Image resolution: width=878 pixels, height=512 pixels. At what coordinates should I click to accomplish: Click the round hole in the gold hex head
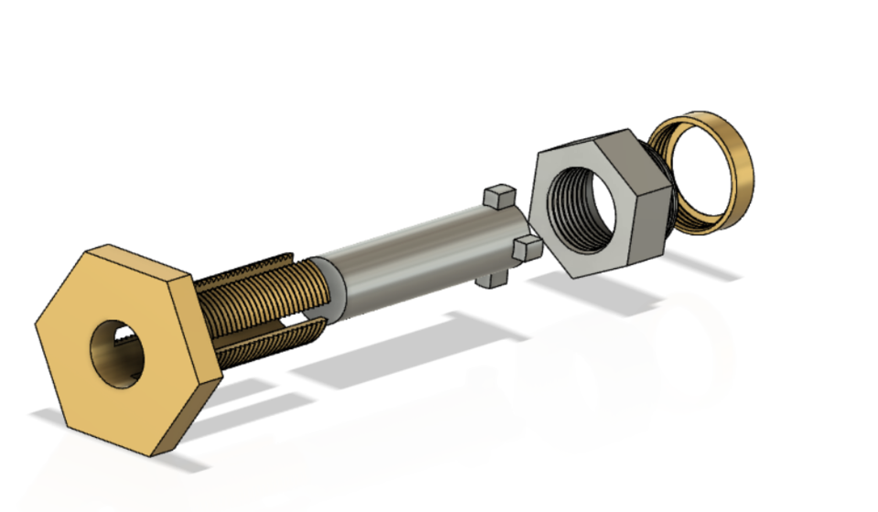(x=116, y=352)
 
